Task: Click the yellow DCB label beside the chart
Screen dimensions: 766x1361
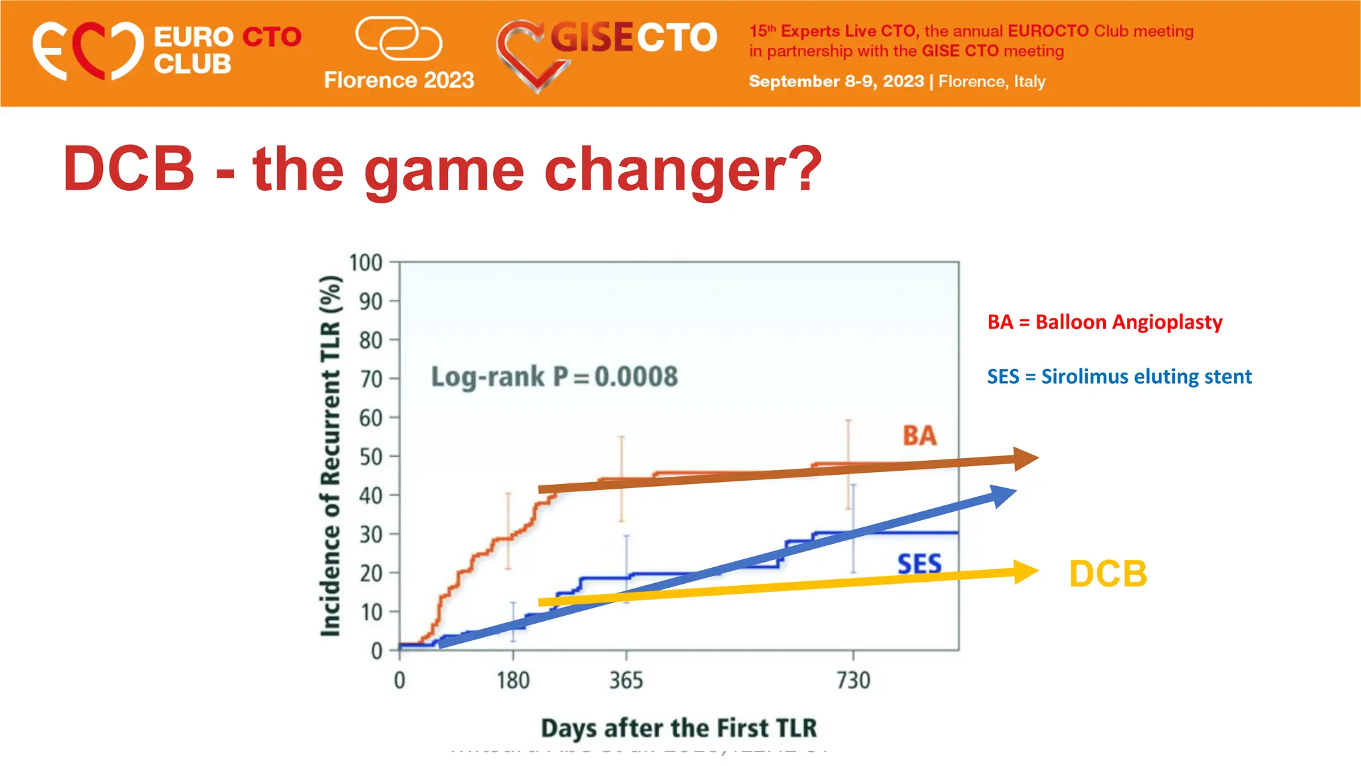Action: click(x=1108, y=574)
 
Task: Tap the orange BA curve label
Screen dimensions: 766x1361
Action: click(x=920, y=436)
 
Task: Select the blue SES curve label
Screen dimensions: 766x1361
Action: click(x=920, y=565)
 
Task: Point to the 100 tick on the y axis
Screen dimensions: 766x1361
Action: click(x=366, y=263)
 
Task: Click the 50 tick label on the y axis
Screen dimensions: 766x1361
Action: click(x=370, y=457)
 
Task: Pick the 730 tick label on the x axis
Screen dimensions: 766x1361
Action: click(x=853, y=681)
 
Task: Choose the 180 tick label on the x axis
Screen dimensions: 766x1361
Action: click(x=513, y=681)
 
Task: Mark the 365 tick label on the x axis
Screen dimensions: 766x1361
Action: click(x=626, y=681)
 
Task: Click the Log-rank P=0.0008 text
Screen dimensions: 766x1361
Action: click(x=554, y=377)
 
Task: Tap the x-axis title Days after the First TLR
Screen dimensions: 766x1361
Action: click(x=679, y=728)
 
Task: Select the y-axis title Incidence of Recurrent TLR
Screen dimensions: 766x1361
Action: click(x=331, y=456)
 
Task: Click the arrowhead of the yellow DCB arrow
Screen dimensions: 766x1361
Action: click(x=1025, y=572)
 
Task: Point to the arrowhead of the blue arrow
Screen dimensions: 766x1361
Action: click(x=1003, y=495)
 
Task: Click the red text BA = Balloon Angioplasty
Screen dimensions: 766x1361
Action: click(x=1104, y=322)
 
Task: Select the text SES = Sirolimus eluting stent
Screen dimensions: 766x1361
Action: click(x=1119, y=377)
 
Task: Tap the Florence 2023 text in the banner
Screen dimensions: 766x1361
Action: click(x=399, y=80)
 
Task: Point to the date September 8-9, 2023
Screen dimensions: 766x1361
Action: click(x=836, y=82)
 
